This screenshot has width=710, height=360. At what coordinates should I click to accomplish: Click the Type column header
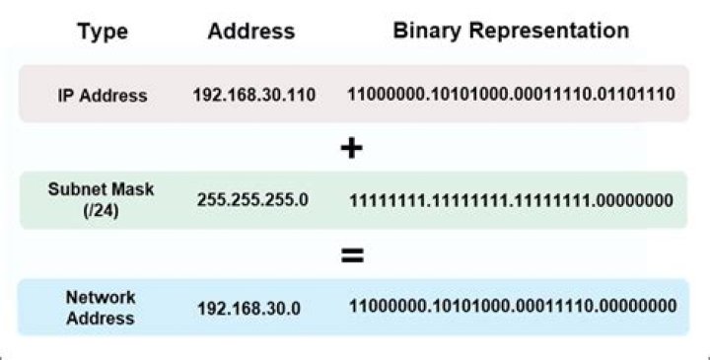[x=102, y=32]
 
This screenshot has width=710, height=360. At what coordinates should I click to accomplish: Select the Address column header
[x=251, y=32]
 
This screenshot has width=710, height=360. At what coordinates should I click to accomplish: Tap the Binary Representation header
[x=511, y=31]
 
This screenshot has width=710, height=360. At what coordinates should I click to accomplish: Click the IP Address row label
[x=102, y=96]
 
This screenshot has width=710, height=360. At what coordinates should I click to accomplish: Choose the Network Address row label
[x=102, y=308]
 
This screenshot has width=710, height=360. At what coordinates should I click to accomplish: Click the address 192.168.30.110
[x=254, y=96]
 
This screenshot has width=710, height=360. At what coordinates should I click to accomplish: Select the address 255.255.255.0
[x=253, y=199]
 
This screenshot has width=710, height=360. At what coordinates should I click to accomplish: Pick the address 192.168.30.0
[x=248, y=308]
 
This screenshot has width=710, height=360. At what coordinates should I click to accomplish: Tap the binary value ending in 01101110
[x=511, y=96]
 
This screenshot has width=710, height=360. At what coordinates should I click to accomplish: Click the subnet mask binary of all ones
[x=511, y=200]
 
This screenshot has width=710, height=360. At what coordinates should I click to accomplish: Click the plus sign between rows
[x=351, y=148]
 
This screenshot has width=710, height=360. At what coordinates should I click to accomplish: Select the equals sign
[x=351, y=255]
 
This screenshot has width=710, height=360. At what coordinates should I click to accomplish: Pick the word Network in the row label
[x=102, y=297]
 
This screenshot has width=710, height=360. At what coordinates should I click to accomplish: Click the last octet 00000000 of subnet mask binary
[x=635, y=200]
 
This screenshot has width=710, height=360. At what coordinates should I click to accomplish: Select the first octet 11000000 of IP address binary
[x=385, y=96]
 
